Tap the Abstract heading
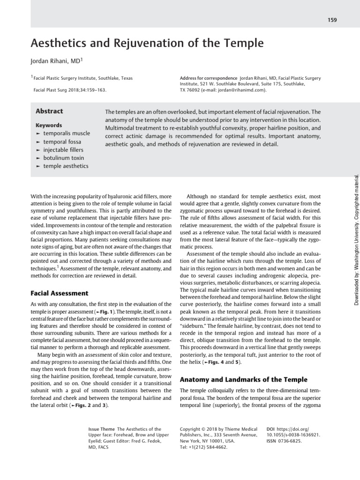49,111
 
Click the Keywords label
49,125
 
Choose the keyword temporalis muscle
66,134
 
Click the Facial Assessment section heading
59,293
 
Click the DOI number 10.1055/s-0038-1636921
293,435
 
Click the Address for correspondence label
208,78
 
